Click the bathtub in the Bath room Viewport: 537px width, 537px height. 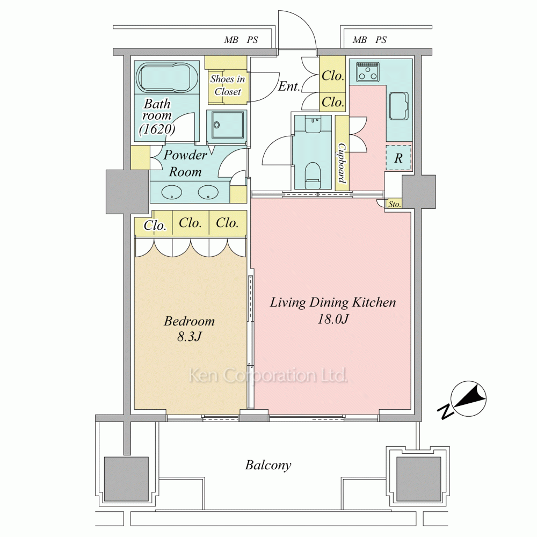[x=163, y=77]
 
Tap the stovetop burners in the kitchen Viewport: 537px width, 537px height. [x=368, y=72]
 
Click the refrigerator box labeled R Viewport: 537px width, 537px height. [x=398, y=158]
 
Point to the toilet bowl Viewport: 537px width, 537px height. [x=313, y=175]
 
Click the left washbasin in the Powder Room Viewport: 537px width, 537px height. [x=171, y=192]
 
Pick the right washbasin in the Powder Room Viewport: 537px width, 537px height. [x=208, y=192]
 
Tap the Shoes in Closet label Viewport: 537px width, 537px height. [x=228, y=85]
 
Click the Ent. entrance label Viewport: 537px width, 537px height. [x=289, y=86]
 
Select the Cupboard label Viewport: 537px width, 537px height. [x=342, y=163]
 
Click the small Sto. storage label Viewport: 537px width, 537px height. [x=394, y=205]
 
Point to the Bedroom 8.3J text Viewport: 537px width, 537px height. [x=190, y=329]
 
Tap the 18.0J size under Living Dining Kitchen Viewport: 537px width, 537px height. [x=333, y=319]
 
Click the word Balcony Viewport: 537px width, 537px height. [x=268, y=466]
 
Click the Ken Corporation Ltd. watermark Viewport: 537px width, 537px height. [x=268, y=375]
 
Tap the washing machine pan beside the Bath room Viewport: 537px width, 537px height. [x=227, y=125]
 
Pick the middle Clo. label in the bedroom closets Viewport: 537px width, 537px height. [x=191, y=223]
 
